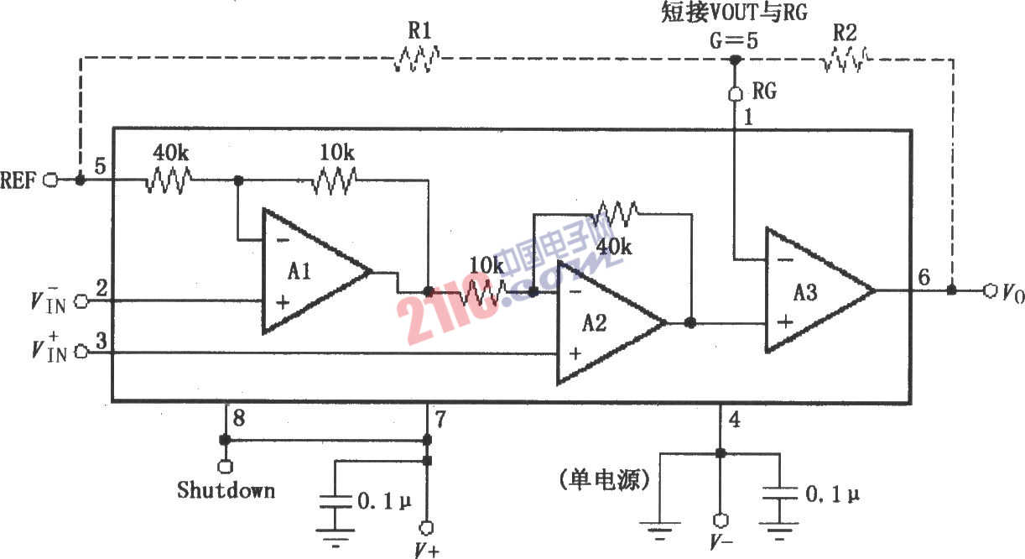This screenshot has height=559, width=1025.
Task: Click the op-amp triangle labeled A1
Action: pyautogui.click(x=306, y=271)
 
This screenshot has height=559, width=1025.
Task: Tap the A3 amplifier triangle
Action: pyautogui.click(x=809, y=290)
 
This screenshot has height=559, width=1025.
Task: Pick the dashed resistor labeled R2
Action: pyautogui.click(x=845, y=58)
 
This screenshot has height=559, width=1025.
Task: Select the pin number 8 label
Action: pyautogui.click(x=239, y=417)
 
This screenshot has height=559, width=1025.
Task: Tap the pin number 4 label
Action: pyautogui.click(x=734, y=417)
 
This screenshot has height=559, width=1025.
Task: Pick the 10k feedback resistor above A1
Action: pyautogui.click(x=336, y=180)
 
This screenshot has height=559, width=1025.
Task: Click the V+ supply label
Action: pyautogui.click(x=427, y=548)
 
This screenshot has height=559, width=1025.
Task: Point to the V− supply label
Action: pyautogui.click(x=720, y=541)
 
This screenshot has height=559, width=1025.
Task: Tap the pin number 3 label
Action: pyautogui.click(x=100, y=340)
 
